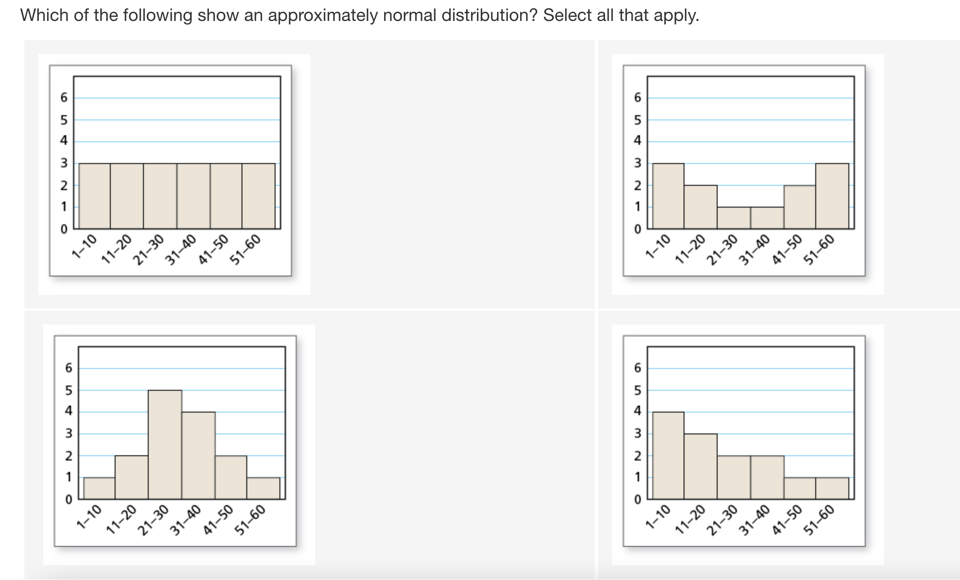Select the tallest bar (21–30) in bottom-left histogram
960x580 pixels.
point(165,444)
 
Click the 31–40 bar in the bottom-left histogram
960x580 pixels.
point(198,455)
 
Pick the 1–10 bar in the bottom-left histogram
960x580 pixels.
point(99,488)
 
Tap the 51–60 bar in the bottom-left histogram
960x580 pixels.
point(263,488)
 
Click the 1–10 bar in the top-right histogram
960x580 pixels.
point(668,196)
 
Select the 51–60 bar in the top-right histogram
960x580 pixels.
point(832,196)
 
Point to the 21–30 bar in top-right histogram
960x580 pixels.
point(734,218)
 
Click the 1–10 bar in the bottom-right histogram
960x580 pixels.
point(668,455)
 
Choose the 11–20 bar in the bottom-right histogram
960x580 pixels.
point(701,466)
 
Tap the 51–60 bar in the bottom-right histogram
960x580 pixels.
point(832,488)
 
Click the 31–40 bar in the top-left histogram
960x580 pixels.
point(194,196)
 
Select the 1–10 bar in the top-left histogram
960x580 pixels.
point(95,196)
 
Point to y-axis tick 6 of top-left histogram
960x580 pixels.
point(64,98)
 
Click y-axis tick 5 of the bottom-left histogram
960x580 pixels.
point(69,390)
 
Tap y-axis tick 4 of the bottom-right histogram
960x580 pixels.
point(638,411)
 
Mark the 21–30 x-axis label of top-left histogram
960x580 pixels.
point(148,250)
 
